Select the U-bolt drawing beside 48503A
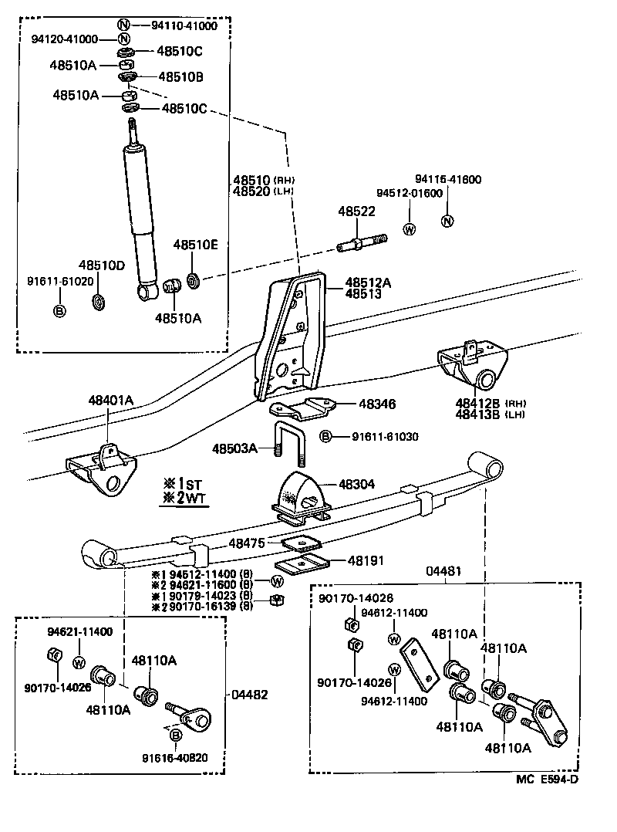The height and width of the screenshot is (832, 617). pos(289,447)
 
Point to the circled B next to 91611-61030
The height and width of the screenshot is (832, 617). pos(326,437)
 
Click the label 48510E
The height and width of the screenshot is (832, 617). pos(195,245)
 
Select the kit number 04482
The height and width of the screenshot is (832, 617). pos(250,694)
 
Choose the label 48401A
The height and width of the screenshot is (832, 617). pos(110,400)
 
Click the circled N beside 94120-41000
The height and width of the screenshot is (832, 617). pos(123,39)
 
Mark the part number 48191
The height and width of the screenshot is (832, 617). pos(365,561)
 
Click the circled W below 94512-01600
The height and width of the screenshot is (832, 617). pos(410,229)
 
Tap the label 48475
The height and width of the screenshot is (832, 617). pos(246,543)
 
